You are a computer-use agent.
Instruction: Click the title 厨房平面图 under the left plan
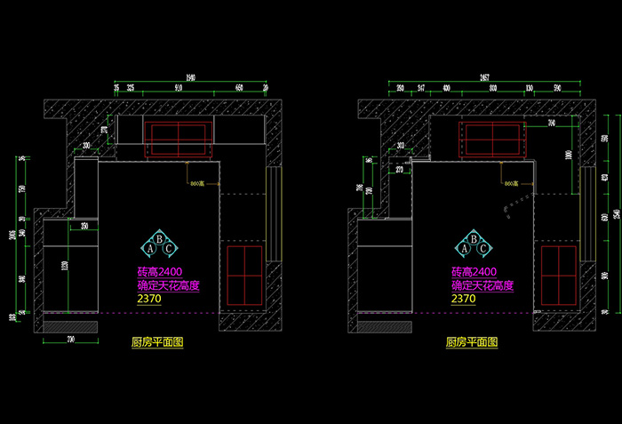157,342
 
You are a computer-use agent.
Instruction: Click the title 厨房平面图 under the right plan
472,342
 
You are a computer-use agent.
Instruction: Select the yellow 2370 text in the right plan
463,300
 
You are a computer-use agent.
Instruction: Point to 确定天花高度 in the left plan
168,286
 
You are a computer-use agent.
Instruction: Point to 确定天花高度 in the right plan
482,286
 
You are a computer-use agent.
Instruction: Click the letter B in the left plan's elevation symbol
159,238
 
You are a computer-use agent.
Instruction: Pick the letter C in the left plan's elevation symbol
170,249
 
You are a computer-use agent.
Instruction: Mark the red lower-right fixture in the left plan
245,275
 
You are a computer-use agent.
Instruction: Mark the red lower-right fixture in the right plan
559,275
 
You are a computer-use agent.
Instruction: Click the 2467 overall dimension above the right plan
484,77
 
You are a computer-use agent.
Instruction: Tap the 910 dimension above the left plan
178,88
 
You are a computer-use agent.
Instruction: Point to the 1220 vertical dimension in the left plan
64,266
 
